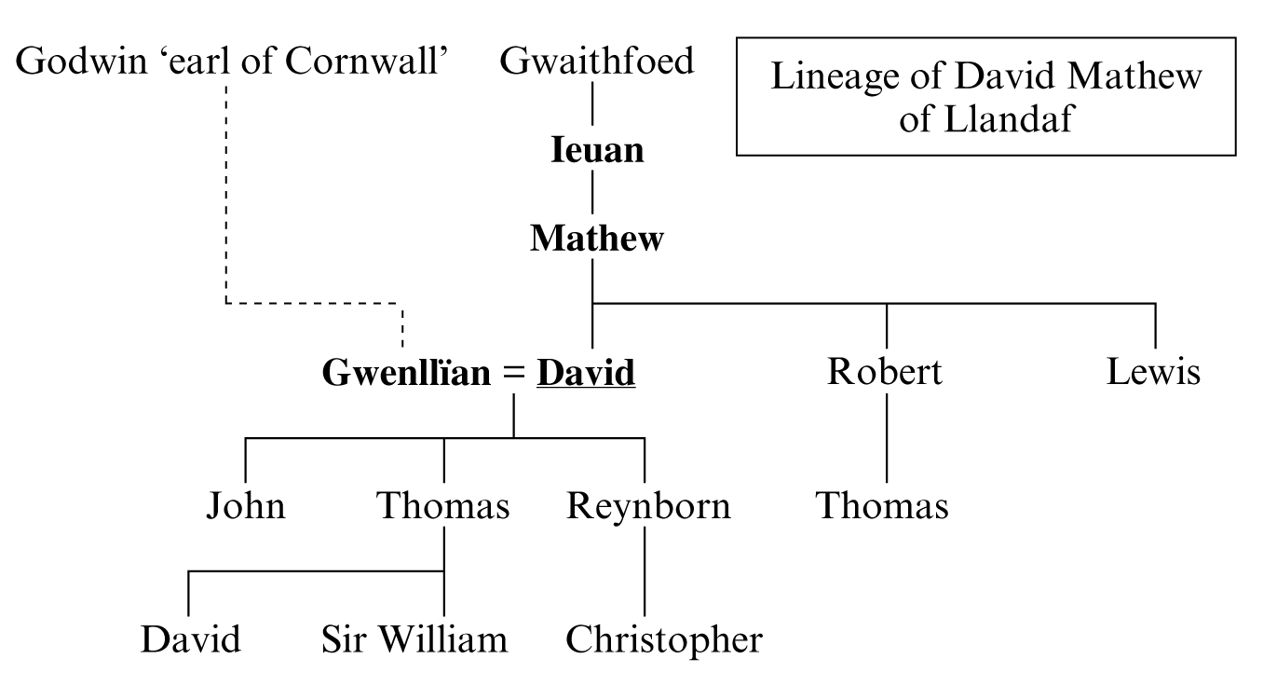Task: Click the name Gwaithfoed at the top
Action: point(597,62)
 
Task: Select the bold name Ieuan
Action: point(597,150)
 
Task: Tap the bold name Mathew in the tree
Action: point(597,239)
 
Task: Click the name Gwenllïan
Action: point(405,373)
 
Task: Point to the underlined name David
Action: point(587,373)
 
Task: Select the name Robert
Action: point(884,372)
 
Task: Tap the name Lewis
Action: point(1154,372)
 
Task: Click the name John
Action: point(245,506)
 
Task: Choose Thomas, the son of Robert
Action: point(882,506)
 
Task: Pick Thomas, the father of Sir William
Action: point(443,506)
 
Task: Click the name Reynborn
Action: point(648,506)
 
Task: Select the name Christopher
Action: point(663,640)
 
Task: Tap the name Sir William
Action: point(414,640)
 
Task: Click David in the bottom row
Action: point(190,640)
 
